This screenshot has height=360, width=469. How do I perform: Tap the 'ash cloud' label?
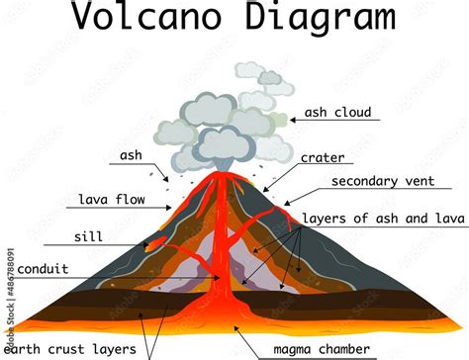338,112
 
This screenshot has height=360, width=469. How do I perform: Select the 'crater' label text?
322,156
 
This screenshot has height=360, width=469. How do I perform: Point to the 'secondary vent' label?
379,181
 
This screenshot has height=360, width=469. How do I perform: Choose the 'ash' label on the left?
132,155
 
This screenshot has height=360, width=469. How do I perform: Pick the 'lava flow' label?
112,199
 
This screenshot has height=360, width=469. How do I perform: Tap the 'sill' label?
87,237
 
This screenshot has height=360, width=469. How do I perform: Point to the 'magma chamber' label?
322,348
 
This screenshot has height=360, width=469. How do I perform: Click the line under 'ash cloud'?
336,121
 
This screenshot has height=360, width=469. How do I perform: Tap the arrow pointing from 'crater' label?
282,174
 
